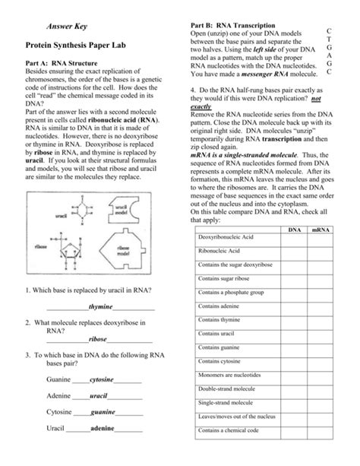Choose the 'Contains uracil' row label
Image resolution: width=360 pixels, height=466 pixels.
coord(216,333)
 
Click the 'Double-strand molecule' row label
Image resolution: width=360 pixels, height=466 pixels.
coord(227,388)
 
